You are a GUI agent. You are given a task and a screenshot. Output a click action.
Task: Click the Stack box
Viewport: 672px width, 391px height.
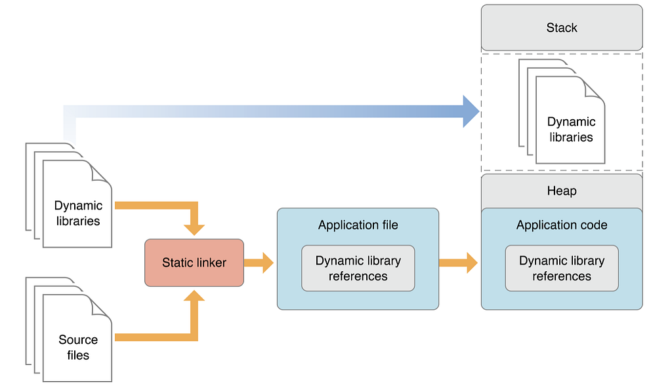562,28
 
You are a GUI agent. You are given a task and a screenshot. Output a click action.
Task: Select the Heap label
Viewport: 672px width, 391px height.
562,191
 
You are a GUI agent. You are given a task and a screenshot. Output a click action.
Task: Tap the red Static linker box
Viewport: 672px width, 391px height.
194,263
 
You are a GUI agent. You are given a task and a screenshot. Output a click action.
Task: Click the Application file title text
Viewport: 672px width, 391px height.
358,225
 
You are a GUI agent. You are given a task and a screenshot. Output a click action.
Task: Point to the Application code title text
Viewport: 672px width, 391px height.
562,225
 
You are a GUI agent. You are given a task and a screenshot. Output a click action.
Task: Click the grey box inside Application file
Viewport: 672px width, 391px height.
358,268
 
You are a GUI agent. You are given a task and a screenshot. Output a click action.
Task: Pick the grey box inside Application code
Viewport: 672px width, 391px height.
562,268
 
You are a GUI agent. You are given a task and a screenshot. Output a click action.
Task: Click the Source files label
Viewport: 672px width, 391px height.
78,347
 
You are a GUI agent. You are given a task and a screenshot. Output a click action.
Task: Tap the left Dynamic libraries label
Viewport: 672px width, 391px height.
78,213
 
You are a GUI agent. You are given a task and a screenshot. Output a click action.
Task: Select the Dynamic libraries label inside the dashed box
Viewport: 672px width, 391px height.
571,129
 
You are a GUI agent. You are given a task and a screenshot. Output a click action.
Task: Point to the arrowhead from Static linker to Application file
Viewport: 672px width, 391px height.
267,263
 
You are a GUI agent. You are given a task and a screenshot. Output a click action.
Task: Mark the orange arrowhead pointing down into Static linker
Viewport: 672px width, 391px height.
194,229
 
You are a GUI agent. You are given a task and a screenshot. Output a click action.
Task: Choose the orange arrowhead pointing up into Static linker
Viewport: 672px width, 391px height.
194,297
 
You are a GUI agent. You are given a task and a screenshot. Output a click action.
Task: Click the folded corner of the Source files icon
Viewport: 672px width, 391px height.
102,305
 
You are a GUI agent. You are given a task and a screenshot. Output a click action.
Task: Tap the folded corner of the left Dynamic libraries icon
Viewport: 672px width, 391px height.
102,171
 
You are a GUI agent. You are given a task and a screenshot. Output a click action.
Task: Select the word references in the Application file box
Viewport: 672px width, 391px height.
358,276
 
